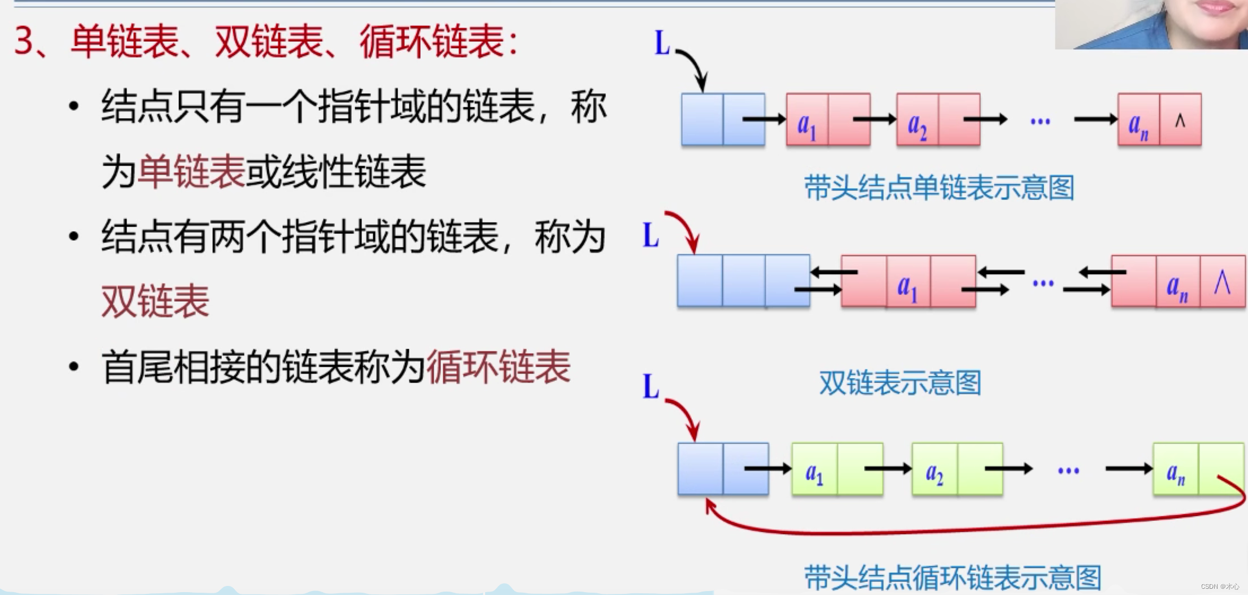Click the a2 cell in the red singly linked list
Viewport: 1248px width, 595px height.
(917, 120)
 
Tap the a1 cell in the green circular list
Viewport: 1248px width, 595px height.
(814, 470)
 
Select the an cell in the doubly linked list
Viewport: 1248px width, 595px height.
(1177, 282)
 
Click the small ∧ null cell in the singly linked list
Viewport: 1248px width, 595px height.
(1180, 120)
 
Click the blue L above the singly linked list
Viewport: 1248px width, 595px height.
(662, 43)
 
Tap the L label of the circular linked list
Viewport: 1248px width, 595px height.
(651, 387)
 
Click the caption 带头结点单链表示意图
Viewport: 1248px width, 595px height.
(939, 188)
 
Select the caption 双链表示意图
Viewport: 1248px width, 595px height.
(900, 383)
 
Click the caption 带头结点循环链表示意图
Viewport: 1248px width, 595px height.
(952, 577)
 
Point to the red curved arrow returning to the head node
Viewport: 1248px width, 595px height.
(960, 530)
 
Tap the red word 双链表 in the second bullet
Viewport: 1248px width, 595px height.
(155, 301)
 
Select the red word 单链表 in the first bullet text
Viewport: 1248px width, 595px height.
(191, 171)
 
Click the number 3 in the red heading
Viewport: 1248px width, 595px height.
(24, 41)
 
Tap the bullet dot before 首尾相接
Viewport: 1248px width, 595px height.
(73, 367)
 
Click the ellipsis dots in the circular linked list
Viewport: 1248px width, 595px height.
(1068, 470)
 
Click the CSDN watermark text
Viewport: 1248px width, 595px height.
(1219, 587)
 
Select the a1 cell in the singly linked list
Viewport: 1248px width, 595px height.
(807, 120)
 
